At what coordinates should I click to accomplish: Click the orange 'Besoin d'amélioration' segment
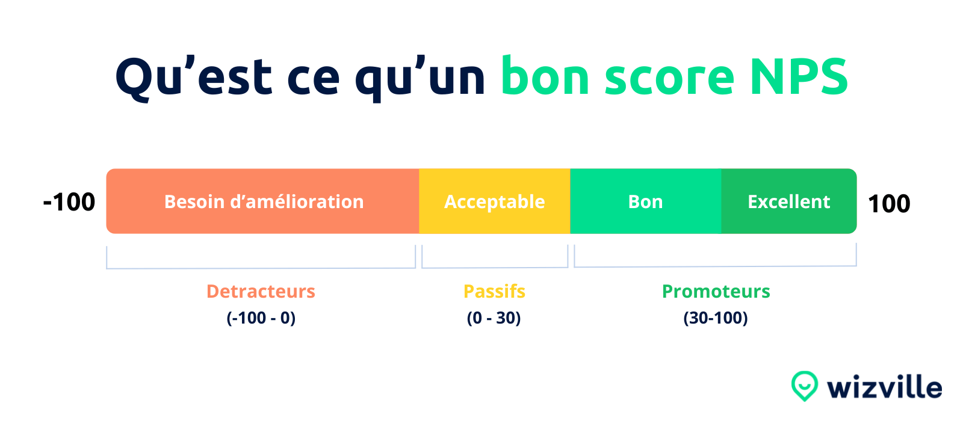(x=262, y=201)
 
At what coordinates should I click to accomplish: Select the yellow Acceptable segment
(x=494, y=201)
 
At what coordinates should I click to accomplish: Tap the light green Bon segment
(x=646, y=201)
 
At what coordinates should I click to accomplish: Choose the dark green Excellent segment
(x=789, y=201)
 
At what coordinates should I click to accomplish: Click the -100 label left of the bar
(x=69, y=202)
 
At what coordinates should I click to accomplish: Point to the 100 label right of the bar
(x=889, y=203)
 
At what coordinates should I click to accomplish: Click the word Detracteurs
(x=261, y=291)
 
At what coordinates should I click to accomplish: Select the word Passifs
(x=494, y=291)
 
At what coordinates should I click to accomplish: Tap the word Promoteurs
(x=716, y=291)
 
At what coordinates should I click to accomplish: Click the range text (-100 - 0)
(x=261, y=318)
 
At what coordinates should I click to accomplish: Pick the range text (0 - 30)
(x=494, y=318)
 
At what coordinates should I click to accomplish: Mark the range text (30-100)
(x=716, y=318)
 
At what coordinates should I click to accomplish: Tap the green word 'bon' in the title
(x=545, y=75)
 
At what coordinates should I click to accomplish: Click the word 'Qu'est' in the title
(x=194, y=78)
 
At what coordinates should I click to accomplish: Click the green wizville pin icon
(x=804, y=386)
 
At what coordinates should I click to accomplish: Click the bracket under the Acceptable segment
(x=495, y=267)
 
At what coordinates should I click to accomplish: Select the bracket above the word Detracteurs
(x=261, y=268)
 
